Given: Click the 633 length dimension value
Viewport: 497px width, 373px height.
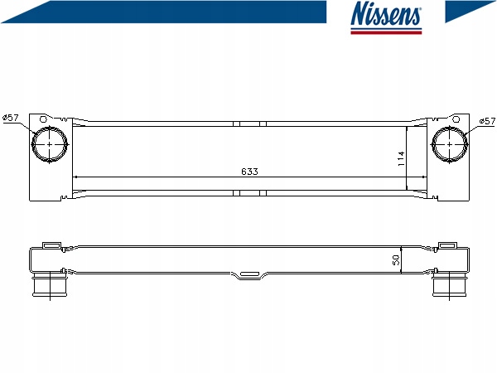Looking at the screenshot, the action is pos(250,172).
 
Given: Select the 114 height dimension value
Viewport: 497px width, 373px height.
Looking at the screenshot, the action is pos(401,158).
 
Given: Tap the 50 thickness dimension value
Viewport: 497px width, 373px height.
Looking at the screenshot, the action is pos(396,260).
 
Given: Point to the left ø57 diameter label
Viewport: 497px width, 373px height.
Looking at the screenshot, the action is pos(11,118).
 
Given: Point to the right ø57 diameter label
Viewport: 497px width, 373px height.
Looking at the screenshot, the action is pos(487,121).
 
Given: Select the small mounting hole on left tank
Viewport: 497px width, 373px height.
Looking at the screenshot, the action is pos(43,119).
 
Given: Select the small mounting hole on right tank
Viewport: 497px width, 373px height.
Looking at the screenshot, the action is pos(456,119).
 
